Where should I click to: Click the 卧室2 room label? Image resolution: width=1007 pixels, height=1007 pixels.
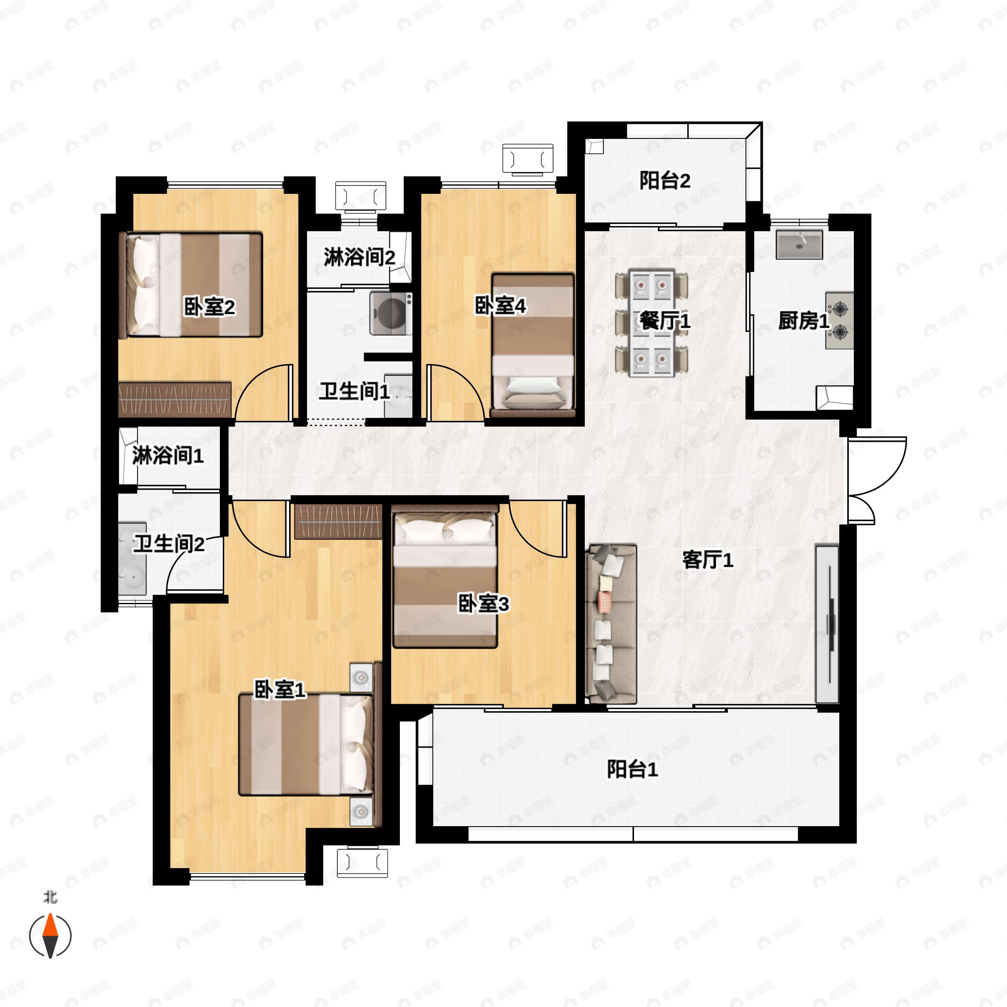click(209, 307)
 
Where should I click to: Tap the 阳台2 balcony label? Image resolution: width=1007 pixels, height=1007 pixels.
click(665, 180)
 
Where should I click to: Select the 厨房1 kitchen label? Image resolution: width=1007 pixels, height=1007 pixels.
click(803, 321)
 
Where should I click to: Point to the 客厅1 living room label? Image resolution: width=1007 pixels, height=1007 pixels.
click(708, 560)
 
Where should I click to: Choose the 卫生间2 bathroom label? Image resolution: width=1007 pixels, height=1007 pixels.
click(169, 544)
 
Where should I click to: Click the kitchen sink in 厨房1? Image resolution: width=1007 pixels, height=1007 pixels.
click(799, 245)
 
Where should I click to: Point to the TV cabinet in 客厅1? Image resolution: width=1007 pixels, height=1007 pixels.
click(827, 624)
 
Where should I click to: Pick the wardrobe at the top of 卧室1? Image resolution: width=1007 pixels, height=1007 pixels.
click(338, 521)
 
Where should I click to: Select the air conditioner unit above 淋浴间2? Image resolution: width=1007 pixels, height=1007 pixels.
click(361, 196)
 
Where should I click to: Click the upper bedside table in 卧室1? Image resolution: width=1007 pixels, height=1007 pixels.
click(361, 678)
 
